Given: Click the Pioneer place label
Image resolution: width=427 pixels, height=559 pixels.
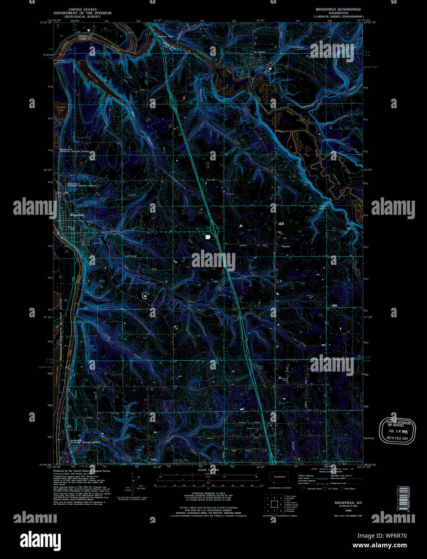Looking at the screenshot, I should (285, 247).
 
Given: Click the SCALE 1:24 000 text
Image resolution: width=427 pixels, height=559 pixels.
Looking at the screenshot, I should (208, 470).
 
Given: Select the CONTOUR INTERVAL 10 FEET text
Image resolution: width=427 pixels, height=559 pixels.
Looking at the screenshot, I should (208, 494).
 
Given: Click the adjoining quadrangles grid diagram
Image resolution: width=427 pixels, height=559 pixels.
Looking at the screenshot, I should (274, 504).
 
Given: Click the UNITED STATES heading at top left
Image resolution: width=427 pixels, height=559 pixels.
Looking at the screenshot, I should (85, 9).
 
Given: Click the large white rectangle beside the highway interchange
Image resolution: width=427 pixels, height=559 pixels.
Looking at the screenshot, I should (208, 237).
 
